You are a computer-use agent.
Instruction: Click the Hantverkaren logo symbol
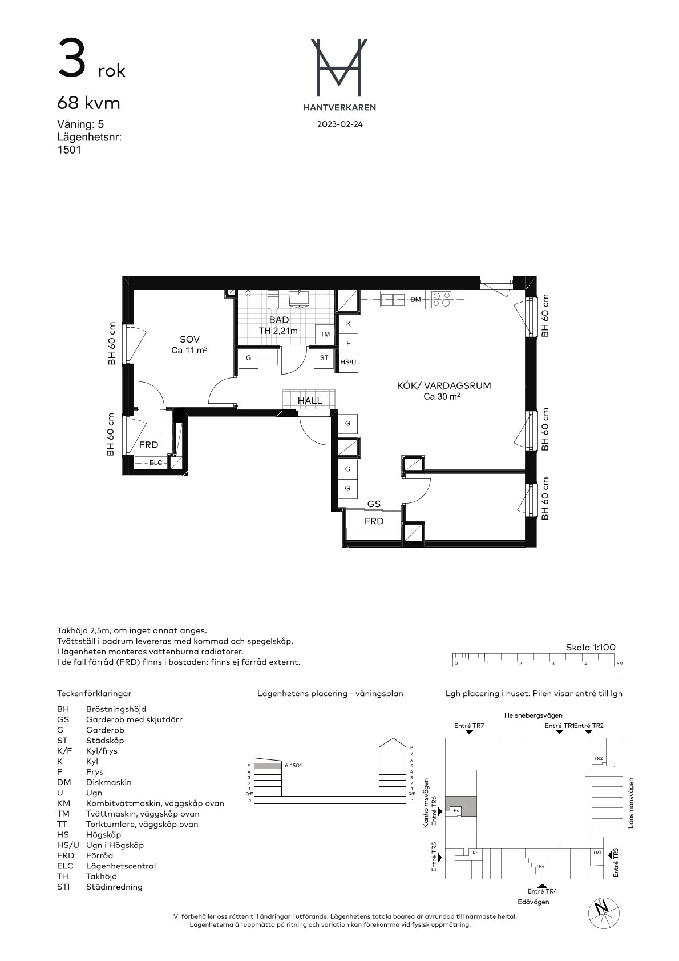click(x=339, y=67)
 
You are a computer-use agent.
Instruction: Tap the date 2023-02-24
click(x=339, y=124)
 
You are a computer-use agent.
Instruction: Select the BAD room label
click(x=278, y=320)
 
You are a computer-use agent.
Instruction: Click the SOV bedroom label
click(x=189, y=339)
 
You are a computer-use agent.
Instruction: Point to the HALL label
click(x=310, y=401)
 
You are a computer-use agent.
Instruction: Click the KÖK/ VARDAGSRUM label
click(x=444, y=385)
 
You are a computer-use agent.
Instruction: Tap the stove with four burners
click(x=442, y=299)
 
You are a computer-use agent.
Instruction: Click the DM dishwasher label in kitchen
click(x=415, y=299)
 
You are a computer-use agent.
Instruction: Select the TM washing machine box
click(x=325, y=334)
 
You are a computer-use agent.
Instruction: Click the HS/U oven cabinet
click(x=348, y=362)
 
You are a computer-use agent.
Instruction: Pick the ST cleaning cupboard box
click(x=324, y=358)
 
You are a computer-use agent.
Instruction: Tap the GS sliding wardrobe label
click(x=374, y=504)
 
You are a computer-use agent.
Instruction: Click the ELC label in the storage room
click(x=156, y=463)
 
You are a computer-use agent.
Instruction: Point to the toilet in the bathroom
click(x=273, y=299)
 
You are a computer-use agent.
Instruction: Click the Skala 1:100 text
click(x=590, y=648)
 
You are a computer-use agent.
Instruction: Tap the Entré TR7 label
click(x=469, y=726)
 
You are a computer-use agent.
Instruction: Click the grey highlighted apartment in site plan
click(x=461, y=806)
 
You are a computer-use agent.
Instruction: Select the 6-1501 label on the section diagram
click(x=293, y=765)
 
